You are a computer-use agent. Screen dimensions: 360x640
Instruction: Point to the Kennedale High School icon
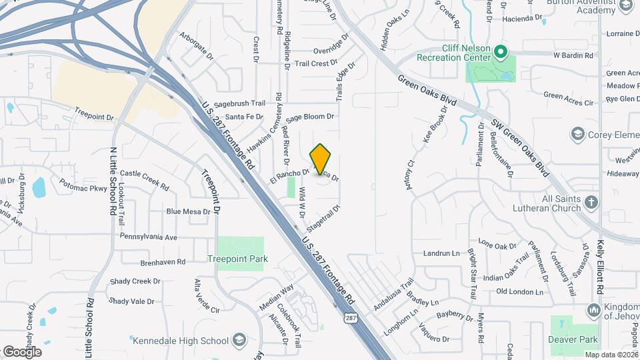(239, 341)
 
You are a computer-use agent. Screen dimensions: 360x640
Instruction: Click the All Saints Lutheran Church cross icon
(591, 201)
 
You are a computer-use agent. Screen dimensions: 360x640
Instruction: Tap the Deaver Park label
(573, 339)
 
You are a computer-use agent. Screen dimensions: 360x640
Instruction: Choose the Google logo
(22, 351)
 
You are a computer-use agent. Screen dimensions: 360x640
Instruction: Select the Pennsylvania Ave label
(149, 237)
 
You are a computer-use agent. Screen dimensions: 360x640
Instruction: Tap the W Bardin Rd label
(573, 55)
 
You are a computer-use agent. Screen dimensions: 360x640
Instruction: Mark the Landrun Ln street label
(441, 253)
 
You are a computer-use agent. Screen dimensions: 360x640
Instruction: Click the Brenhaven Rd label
(163, 262)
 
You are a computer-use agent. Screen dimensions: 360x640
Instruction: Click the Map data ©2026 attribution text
(611, 355)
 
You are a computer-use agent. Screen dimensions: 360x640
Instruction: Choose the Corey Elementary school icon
(577, 135)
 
